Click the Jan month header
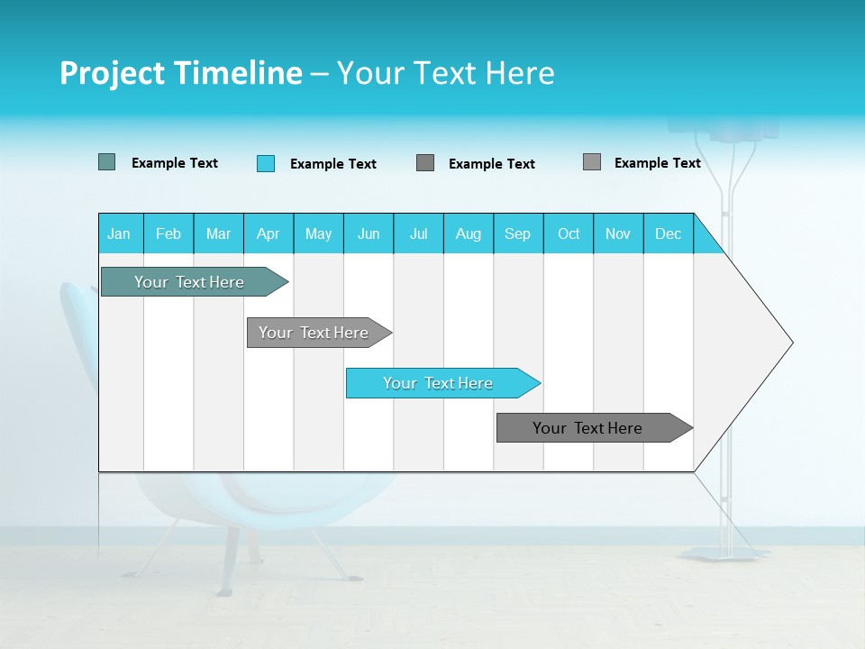click(120, 233)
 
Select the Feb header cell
click(168, 233)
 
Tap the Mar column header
click(218, 233)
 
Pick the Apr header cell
click(269, 233)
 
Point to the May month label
click(318, 233)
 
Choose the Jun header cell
click(369, 233)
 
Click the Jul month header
click(418, 233)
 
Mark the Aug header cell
click(469, 233)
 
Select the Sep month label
click(518, 233)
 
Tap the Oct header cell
click(569, 233)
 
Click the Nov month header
click(618, 233)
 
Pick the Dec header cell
click(669, 233)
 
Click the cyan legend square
click(266, 163)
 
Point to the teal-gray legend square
click(107, 162)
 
